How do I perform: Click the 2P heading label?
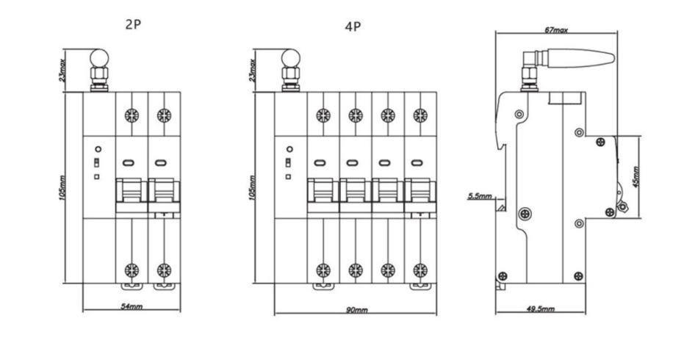(133, 24)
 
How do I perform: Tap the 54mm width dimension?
(132, 305)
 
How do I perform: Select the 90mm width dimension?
(356, 310)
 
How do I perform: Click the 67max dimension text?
(557, 31)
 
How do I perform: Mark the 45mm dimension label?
(637, 176)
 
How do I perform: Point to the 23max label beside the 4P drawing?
(252, 68)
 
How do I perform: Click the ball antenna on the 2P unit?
(98, 57)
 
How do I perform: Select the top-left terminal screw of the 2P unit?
(132, 115)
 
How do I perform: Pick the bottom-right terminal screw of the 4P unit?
(420, 269)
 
